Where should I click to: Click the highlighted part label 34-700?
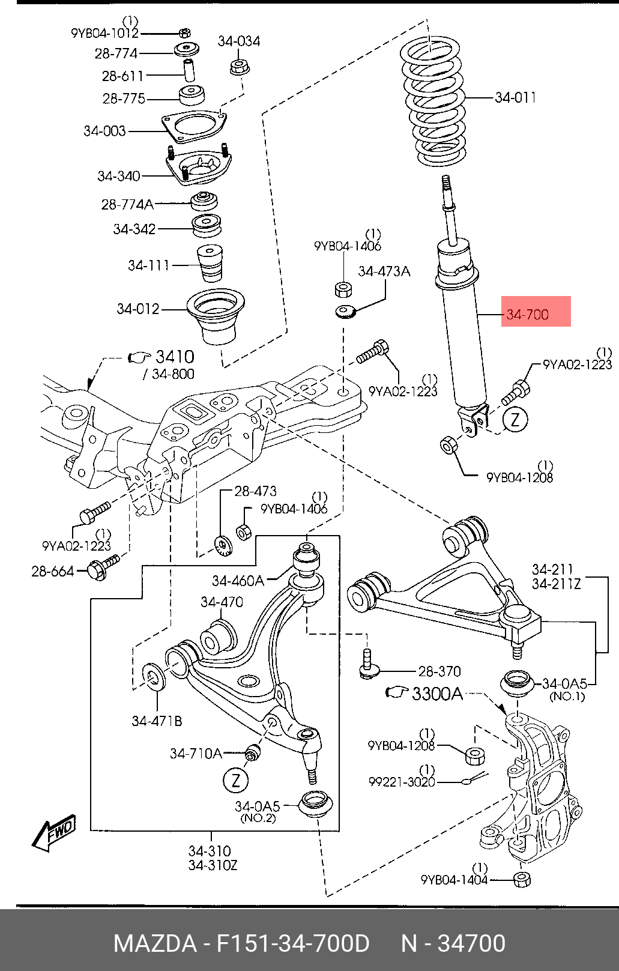(x=527, y=314)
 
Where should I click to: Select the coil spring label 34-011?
(x=515, y=97)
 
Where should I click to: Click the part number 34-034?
(x=239, y=41)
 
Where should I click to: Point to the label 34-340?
(x=119, y=176)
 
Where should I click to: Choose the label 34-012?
(x=138, y=309)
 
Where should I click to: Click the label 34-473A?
(x=384, y=271)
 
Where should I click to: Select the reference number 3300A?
(x=437, y=694)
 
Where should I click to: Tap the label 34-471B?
(x=157, y=721)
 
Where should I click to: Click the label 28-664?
(x=53, y=571)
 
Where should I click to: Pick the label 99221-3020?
(x=402, y=782)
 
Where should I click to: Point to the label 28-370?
(x=439, y=671)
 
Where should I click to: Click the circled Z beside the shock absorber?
(x=515, y=420)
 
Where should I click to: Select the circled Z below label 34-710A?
(x=236, y=781)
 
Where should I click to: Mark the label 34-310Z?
(x=213, y=865)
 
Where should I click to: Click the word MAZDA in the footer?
(x=155, y=943)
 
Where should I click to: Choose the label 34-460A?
(x=238, y=581)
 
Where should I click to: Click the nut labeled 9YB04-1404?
(x=522, y=880)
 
